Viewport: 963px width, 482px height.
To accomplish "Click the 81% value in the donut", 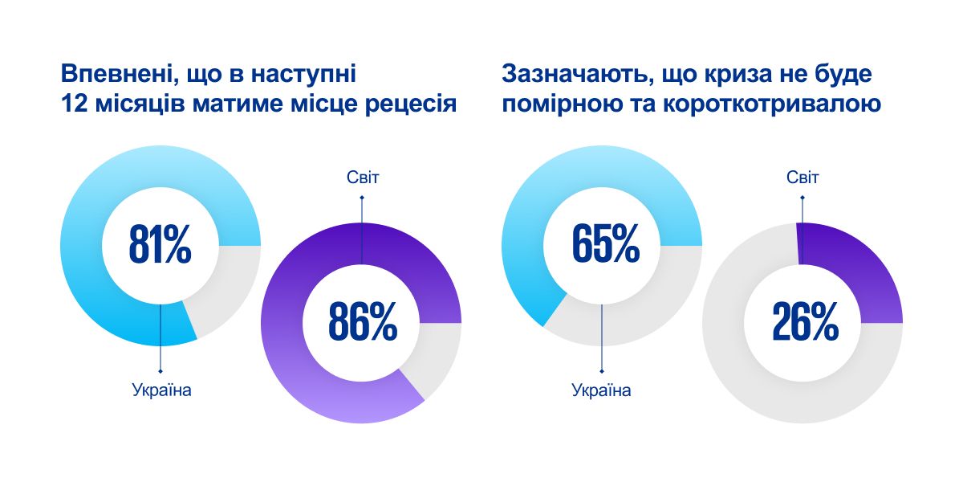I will coord(160,247).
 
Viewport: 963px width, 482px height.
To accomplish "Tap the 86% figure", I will coord(361,322).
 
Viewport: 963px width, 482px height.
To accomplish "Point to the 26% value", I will coord(804,322).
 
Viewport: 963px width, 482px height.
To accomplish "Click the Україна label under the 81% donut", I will coord(161,391).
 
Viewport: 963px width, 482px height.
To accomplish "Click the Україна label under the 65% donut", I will coord(602,391).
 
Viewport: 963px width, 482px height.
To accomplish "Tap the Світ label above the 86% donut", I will coord(361,177).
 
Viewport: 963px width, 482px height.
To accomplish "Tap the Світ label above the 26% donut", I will coord(802,177).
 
